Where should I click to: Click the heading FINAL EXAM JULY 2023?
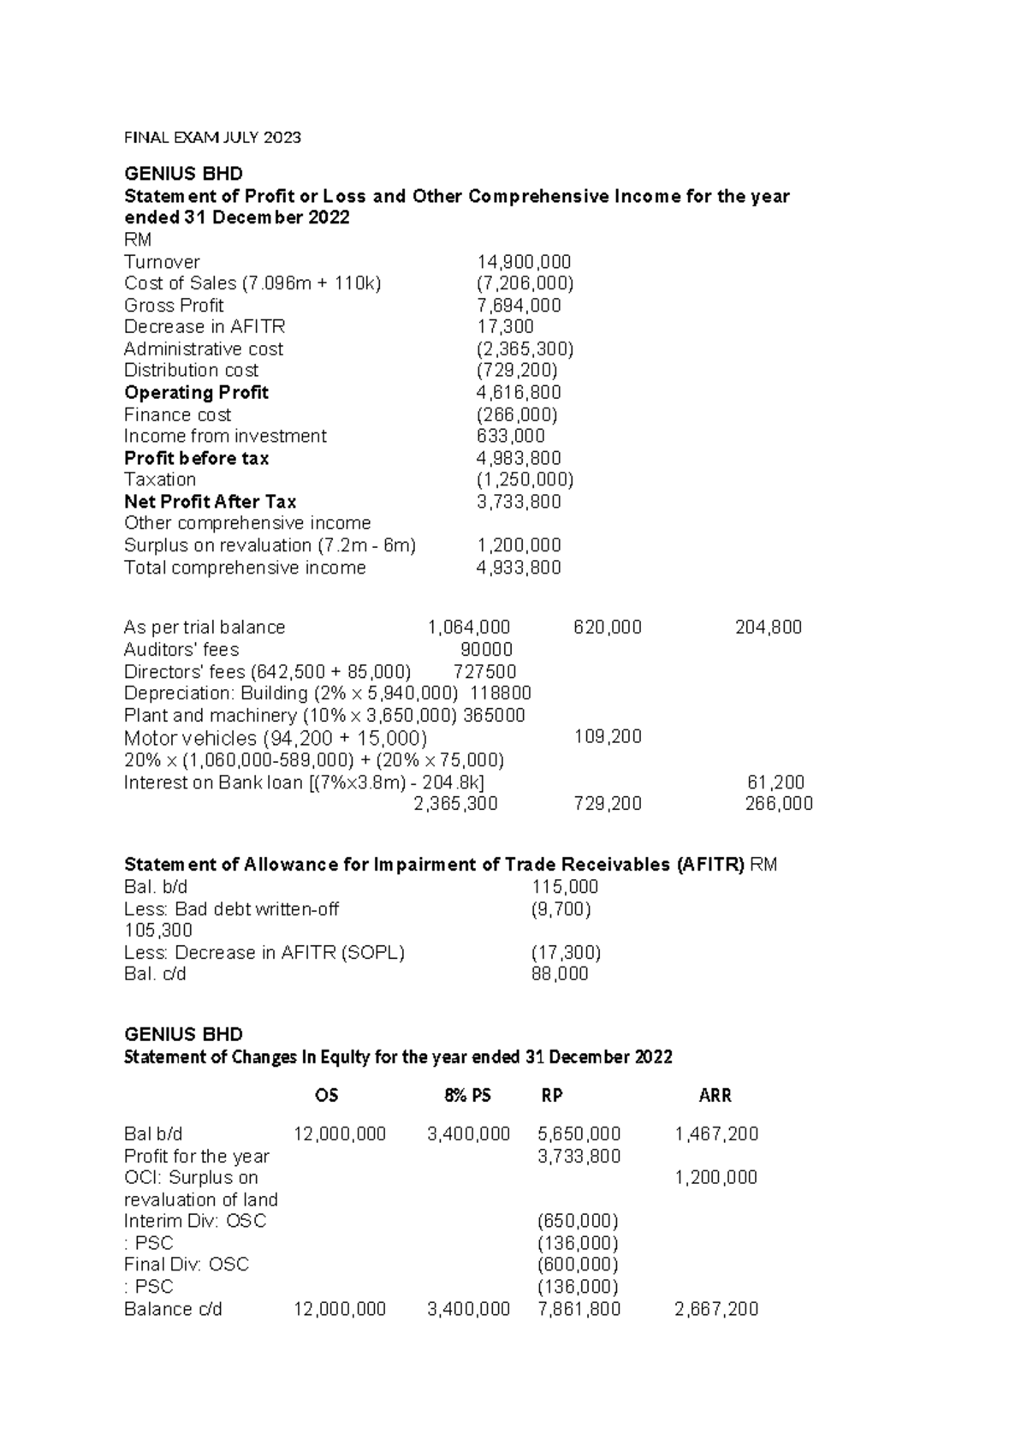click(x=212, y=137)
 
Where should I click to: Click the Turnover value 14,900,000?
click(x=524, y=262)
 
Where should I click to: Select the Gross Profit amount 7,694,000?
click(x=519, y=306)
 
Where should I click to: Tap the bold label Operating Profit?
click(x=196, y=393)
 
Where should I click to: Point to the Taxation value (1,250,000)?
click(x=525, y=479)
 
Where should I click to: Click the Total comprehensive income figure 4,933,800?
click(x=519, y=568)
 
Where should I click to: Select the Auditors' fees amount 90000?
click(x=487, y=650)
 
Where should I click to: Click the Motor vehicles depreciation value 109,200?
click(x=608, y=737)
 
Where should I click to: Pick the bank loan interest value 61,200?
click(x=775, y=783)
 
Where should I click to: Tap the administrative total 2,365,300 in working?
click(x=455, y=804)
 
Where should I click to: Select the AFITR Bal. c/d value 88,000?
click(x=560, y=974)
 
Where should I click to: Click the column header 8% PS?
click(x=467, y=1096)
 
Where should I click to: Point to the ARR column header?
click(x=715, y=1096)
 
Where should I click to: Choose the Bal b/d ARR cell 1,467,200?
click(x=716, y=1134)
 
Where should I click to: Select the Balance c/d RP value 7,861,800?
click(x=579, y=1309)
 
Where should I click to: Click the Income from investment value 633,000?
click(x=511, y=437)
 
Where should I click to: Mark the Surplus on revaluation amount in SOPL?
click(x=519, y=545)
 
